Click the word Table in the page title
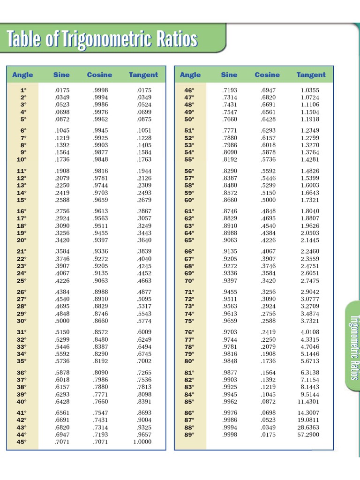pyautogui.click(x=23, y=40)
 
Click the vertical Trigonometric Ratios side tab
pyautogui.click(x=353, y=347)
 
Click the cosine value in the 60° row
pyautogui.click(x=268, y=200)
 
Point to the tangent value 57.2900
pyautogui.click(x=308, y=435)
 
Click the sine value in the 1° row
pyautogui.click(x=61, y=90)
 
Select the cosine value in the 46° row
pyautogui.click(x=268, y=90)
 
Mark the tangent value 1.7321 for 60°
pyautogui.click(x=310, y=200)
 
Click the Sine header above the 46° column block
pyautogui.click(x=229, y=75)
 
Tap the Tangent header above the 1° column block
pyautogui.click(x=143, y=75)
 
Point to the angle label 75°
pyautogui.click(x=189, y=321)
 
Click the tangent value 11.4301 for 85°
pyautogui.click(x=308, y=402)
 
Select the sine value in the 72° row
pyautogui.click(x=230, y=299)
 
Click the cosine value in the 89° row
pyautogui.click(x=268, y=435)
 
